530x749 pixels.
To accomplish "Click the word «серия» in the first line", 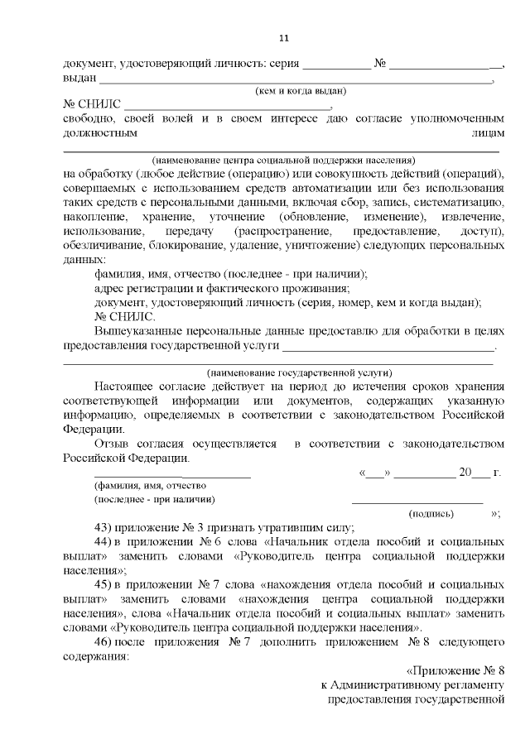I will point(281,64).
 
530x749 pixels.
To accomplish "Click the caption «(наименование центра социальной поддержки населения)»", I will point(282,159).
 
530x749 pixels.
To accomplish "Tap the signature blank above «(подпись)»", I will point(417,501).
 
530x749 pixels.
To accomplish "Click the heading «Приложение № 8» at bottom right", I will point(455,671).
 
